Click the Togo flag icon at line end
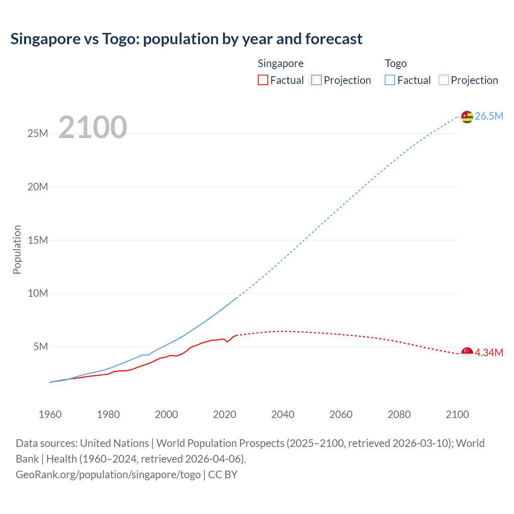[467, 116]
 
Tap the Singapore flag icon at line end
[467, 353]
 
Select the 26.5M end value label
[489, 116]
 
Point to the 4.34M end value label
[489, 353]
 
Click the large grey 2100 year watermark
[93, 127]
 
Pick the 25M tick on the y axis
[38, 134]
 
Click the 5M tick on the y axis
[41, 347]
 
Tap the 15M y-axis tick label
[38, 240]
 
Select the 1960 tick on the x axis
[50, 414]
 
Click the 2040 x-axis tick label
[283, 414]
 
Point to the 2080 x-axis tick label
[399, 414]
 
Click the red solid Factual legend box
[263, 80]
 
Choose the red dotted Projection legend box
[316, 80]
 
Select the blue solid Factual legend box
[390, 80]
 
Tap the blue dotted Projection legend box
[444, 80]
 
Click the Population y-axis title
[17, 249]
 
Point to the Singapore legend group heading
[280, 63]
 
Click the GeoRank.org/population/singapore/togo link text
[108, 475]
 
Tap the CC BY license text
[223, 475]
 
